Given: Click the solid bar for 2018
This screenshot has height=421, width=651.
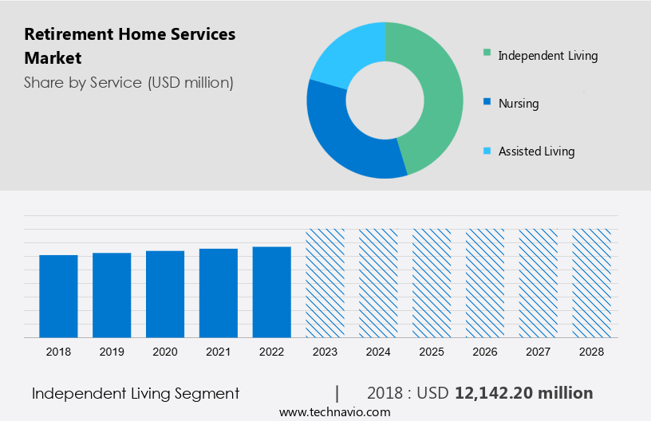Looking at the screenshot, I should [58, 296].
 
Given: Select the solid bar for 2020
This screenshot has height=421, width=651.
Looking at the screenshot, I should [165, 293].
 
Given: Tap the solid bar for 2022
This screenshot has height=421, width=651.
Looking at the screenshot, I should [272, 292].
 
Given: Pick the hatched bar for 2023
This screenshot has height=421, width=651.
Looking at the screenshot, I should [325, 283].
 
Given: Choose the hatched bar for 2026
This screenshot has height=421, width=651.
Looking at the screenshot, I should [485, 283].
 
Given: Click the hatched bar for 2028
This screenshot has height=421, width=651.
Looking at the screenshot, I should [592, 283].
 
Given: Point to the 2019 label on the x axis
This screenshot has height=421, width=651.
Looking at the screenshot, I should [112, 352].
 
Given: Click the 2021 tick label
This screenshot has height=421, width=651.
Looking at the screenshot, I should [219, 352].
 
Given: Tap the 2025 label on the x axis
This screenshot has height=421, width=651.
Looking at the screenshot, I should [432, 352].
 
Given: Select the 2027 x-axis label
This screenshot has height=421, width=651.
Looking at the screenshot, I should [539, 352].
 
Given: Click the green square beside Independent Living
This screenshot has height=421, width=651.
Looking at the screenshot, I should [486, 55].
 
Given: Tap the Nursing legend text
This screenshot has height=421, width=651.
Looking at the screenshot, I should [519, 104].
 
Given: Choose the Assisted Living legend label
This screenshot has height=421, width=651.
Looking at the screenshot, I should [536, 151].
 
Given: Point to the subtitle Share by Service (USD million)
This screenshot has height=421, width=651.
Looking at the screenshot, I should [128, 83].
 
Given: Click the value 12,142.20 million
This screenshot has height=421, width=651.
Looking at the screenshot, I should [524, 393].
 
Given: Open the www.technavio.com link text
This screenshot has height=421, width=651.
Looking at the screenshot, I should [334, 412].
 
